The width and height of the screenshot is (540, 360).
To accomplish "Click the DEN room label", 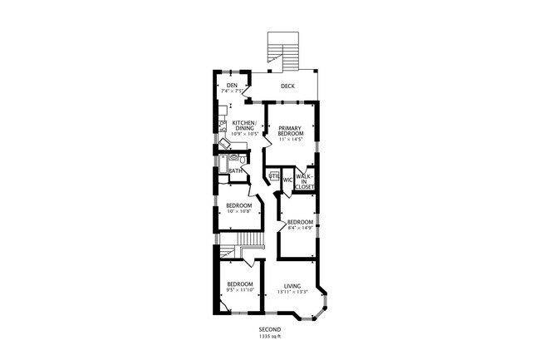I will (x=232, y=85).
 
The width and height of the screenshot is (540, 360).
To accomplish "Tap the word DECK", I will (x=287, y=86).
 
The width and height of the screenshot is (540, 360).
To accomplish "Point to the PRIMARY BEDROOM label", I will (x=290, y=131).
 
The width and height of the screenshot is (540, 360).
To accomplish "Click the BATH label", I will (x=236, y=171).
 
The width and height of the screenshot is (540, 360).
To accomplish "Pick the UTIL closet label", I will (x=273, y=175).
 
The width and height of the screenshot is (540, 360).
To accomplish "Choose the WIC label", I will (x=287, y=179).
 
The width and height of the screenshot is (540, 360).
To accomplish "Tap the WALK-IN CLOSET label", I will (x=304, y=182).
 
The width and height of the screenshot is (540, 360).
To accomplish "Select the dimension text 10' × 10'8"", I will (x=239, y=211).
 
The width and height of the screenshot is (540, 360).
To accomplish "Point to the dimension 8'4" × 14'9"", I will (x=300, y=229).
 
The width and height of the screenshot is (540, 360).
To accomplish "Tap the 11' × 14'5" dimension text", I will (x=290, y=140).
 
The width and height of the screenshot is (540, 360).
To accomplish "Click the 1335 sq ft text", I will (x=270, y=337).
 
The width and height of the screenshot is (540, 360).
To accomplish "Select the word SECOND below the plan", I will (x=270, y=330).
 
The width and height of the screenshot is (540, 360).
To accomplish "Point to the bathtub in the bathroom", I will (x=223, y=162).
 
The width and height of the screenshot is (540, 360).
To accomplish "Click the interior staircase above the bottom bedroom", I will (x=249, y=242).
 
